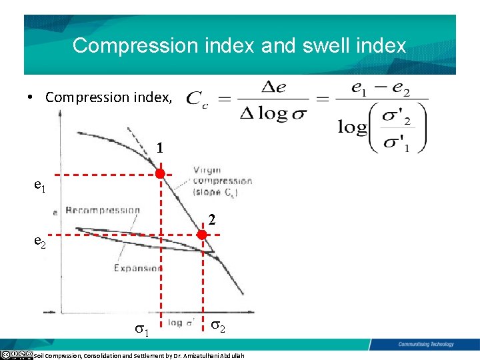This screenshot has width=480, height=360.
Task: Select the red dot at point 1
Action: pyautogui.click(x=160, y=174)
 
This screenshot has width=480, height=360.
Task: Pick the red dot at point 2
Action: pyautogui.click(x=203, y=235)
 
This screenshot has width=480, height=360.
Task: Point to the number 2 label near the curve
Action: pyautogui.click(x=211, y=218)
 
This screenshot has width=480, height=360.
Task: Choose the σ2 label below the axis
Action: pyautogui.click(x=218, y=326)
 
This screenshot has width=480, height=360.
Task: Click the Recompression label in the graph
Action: pyautogui.click(x=103, y=211)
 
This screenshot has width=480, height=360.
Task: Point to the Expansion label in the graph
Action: pyautogui.click(x=137, y=268)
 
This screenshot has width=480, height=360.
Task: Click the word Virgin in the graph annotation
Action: pyautogui.click(x=207, y=171)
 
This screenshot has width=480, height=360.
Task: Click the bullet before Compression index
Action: pyautogui.click(x=31, y=97)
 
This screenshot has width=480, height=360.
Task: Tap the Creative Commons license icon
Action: pyautogui.click(x=16, y=354)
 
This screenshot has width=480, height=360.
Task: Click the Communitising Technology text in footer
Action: pyautogui.click(x=426, y=345)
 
